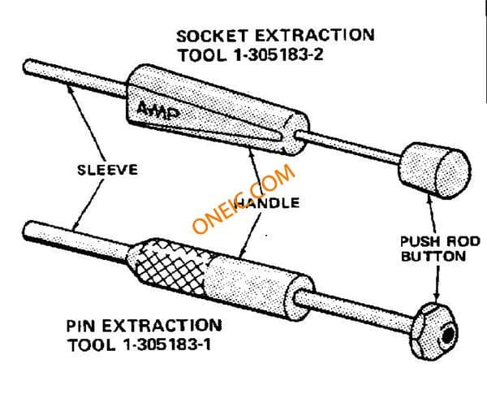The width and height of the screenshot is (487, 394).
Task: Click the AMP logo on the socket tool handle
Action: click(157, 110)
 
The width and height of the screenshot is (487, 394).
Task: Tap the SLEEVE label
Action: click(107, 170)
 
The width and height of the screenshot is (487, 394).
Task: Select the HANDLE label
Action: click(266, 203)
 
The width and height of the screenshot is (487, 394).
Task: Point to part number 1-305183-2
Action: click(278, 55)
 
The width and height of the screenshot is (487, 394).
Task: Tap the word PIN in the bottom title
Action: click(80, 326)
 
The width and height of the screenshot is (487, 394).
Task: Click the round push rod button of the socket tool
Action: click(435, 171)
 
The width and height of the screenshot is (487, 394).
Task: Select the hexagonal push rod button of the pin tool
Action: click(434, 331)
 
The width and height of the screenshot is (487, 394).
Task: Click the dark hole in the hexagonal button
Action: click(448, 336)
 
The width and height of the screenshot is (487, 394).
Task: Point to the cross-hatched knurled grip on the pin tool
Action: click(168, 267)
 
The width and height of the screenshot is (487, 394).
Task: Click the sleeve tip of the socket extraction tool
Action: click(28, 67)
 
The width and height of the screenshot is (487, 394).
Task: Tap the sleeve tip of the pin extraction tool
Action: click(28, 230)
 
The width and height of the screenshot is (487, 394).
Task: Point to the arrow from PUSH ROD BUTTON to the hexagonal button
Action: click(437, 284)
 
